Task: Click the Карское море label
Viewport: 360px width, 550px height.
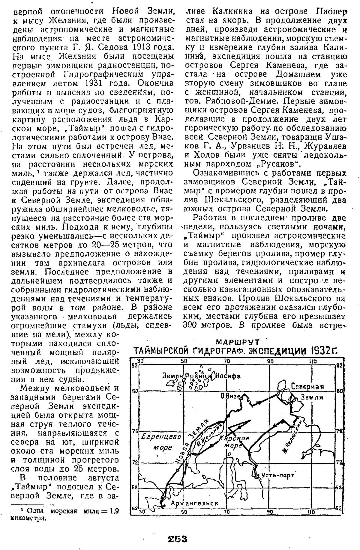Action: [x=237, y=441]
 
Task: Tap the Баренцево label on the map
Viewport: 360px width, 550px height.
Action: [x=161, y=437]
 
